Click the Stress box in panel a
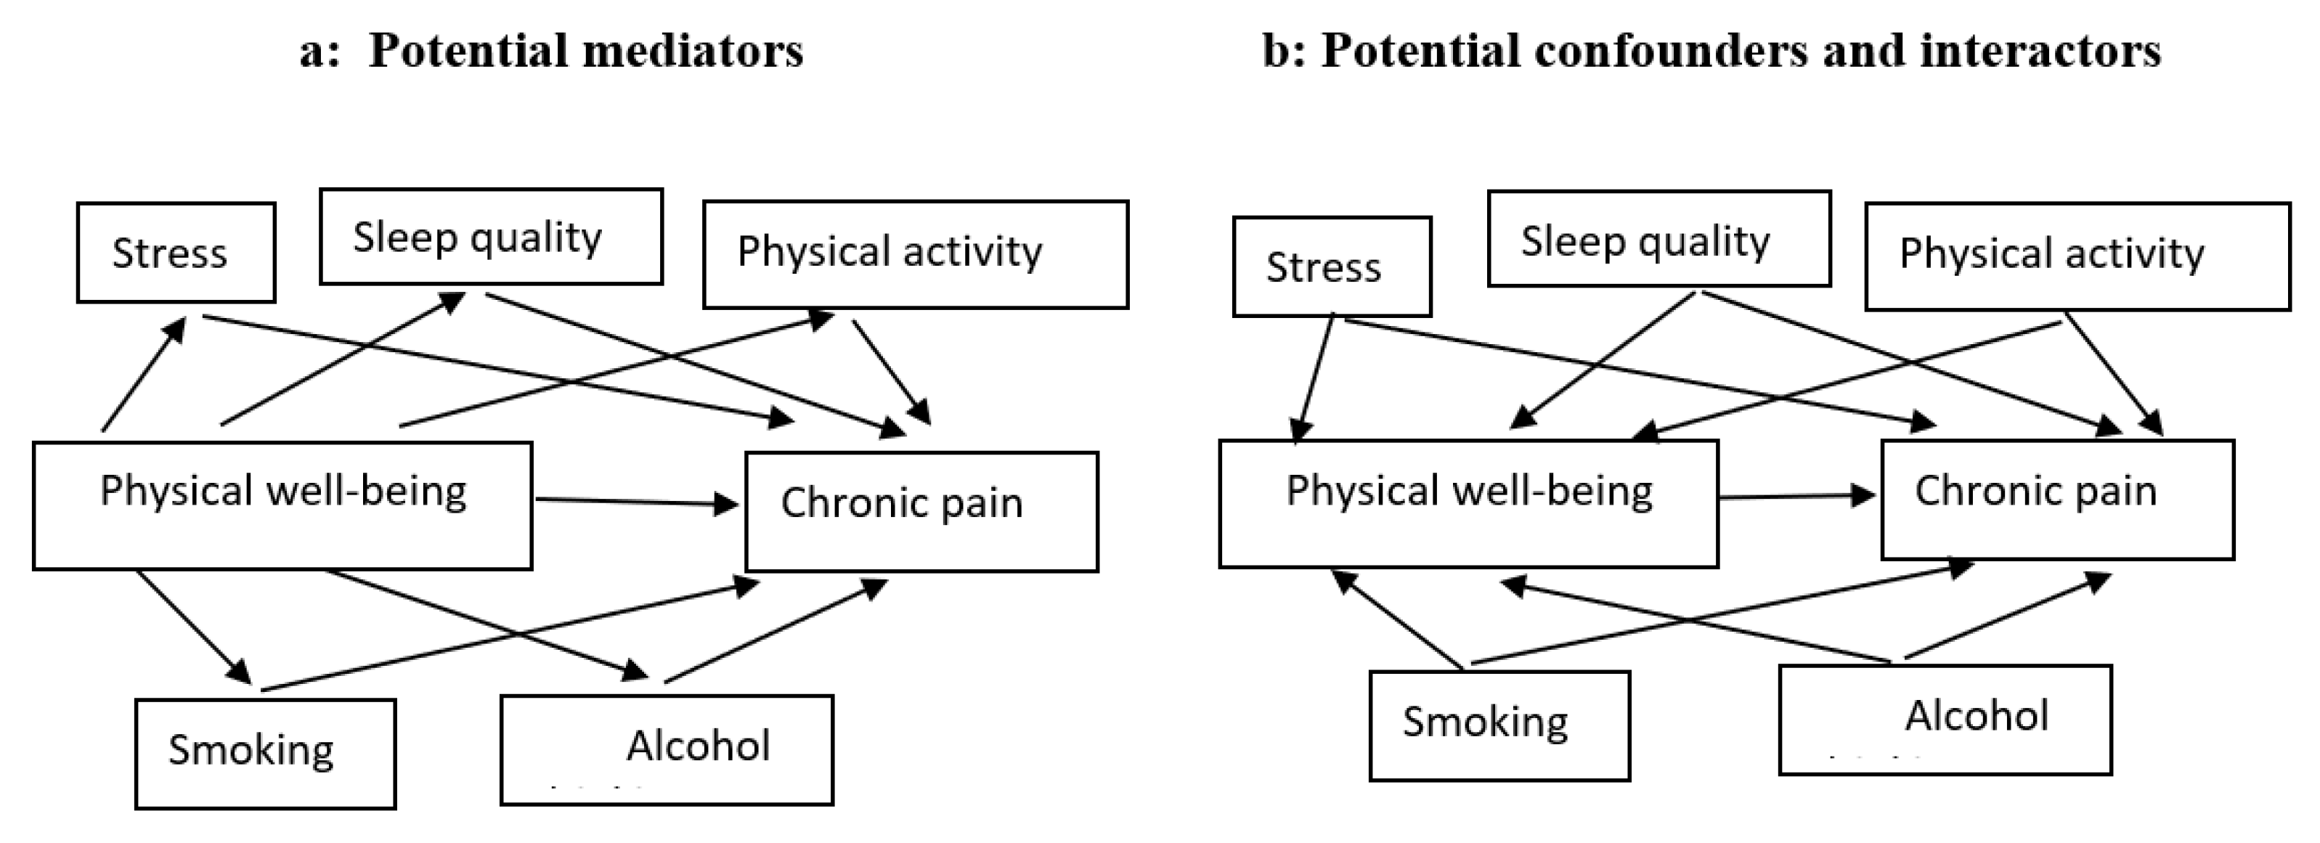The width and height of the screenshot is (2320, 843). [176, 252]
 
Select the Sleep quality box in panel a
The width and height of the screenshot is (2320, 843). [491, 237]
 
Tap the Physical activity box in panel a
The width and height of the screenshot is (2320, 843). [915, 254]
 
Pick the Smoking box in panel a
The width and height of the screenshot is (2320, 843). [265, 754]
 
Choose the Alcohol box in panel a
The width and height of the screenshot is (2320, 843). [667, 749]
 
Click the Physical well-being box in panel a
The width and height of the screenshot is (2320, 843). [282, 505]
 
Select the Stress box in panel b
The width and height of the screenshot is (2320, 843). [1331, 266]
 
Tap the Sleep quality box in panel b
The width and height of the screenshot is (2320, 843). [1659, 239]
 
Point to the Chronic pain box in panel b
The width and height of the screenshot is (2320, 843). [2057, 500]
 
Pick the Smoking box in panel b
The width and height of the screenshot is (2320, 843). [1499, 725]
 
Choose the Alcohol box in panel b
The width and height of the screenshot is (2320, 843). [1945, 720]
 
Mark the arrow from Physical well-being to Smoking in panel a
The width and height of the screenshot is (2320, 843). [192, 626]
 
